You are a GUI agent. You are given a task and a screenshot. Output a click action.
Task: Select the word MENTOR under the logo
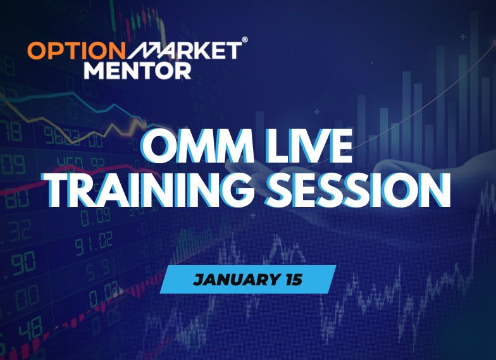(x=137, y=69)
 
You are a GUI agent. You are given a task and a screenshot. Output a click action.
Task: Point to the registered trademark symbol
(x=245, y=40)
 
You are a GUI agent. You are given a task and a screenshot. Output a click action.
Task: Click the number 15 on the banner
(x=291, y=279)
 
